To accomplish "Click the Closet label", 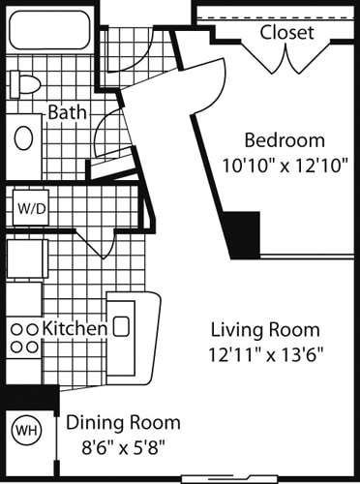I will click(x=287, y=33).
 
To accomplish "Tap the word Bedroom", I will click(x=284, y=138).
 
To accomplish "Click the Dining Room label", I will click(x=123, y=423).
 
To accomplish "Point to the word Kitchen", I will click(x=75, y=328).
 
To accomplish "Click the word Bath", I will click(x=67, y=112).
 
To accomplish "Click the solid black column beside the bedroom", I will click(x=244, y=234).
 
